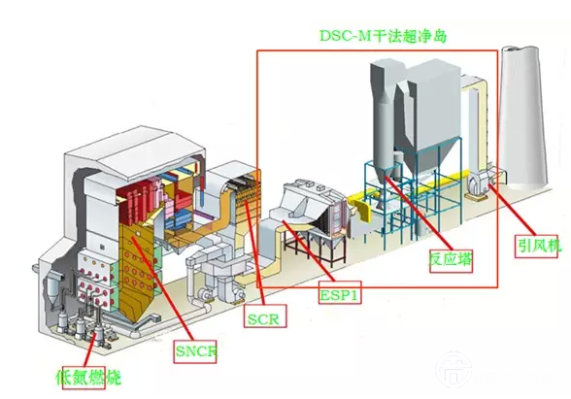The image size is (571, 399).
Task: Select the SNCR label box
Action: pyautogui.click(x=195, y=351)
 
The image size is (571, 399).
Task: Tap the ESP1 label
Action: pyautogui.click(x=340, y=292)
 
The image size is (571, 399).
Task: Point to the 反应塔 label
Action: pyautogui.click(x=451, y=260)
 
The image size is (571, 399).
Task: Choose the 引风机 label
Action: pyautogui.click(x=536, y=247)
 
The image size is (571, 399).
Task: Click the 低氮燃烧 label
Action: pyautogui.click(x=87, y=378)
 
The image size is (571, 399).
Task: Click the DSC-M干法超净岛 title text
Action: pyautogui.click(x=383, y=36)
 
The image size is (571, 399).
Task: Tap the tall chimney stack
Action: pyautogui.click(x=523, y=116)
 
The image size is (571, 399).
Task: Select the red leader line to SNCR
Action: pyautogui.click(x=161, y=288)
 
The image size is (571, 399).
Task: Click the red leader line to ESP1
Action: pyautogui.click(x=309, y=251)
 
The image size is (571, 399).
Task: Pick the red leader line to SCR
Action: pyautogui.click(x=254, y=252)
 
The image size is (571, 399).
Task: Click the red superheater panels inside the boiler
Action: pyautogui.click(x=137, y=202)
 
